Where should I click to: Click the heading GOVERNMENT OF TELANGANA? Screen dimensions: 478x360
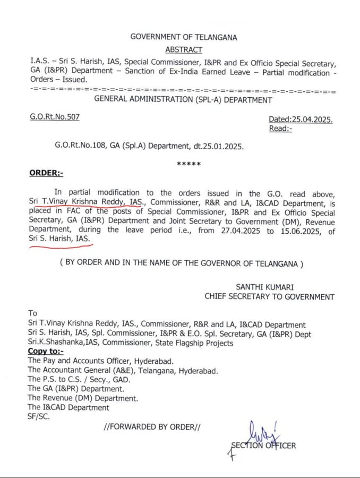184,37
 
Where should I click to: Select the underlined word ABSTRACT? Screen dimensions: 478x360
184,49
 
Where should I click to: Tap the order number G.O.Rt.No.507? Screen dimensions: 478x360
55,117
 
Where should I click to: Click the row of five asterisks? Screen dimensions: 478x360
188,164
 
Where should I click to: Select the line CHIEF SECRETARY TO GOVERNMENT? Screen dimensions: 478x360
270,297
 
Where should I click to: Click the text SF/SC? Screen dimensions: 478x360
39,417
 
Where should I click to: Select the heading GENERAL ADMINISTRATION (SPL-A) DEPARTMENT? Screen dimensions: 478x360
183,99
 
